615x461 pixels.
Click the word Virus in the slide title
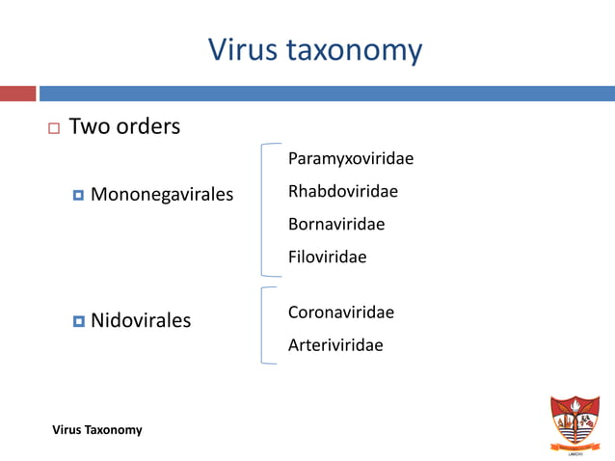click(243, 49)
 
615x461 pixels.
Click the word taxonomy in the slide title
click(355, 51)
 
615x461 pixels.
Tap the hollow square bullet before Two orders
click(52, 128)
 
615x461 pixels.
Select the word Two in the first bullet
click(90, 126)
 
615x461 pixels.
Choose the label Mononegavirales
click(162, 196)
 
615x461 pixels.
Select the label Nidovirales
click(141, 319)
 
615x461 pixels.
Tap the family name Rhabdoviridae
click(343, 192)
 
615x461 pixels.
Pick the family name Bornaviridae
click(336, 225)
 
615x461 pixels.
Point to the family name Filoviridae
click(328, 258)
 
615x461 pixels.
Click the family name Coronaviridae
click(341, 312)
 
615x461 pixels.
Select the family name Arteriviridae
click(335, 345)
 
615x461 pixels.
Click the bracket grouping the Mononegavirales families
click(263, 210)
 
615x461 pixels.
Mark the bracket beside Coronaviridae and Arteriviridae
click(263, 325)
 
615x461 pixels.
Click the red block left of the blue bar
click(17, 94)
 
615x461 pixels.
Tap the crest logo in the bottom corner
click(574, 422)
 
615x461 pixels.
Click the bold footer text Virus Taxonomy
click(97, 429)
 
